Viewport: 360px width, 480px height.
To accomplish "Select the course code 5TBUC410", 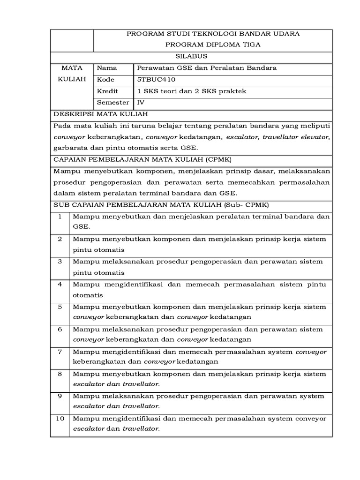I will point(157,80).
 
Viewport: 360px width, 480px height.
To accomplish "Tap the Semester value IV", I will point(140,103).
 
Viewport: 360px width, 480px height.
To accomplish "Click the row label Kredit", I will point(107,91).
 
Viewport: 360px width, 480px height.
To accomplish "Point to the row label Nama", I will point(107,68).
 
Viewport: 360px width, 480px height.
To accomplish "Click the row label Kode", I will point(105,80).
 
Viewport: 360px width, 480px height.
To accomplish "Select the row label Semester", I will point(112,103).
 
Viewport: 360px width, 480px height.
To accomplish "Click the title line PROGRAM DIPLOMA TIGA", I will point(213,45).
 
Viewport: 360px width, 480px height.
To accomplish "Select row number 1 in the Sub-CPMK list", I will point(60,217).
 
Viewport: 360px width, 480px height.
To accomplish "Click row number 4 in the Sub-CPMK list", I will point(60,285).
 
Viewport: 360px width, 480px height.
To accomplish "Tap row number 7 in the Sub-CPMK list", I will point(60,352).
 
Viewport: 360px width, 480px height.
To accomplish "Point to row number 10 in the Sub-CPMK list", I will point(60,419).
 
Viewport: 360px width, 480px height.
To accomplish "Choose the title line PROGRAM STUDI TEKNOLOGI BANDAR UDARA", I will point(213,34).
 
